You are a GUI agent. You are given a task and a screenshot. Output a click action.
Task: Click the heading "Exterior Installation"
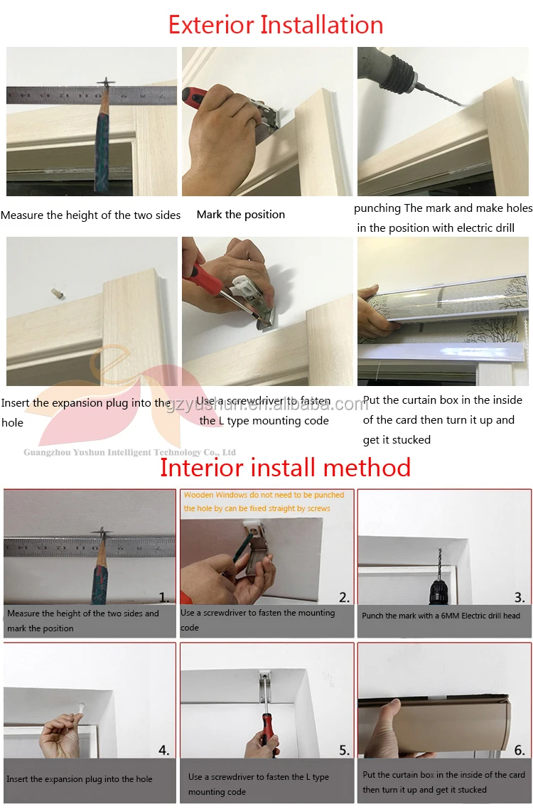[x=276, y=25]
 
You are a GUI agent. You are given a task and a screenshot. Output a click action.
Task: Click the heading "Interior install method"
[x=286, y=468]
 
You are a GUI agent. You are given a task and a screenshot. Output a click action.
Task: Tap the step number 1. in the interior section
[x=163, y=597]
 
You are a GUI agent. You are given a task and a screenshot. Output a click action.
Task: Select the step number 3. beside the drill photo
[x=519, y=597]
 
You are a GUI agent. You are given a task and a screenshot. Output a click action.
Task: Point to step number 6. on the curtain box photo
[x=519, y=750]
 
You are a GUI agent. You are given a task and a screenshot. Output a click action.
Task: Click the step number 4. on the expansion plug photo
[x=163, y=750]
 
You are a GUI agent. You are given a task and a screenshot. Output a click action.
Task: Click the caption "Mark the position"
[x=240, y=215]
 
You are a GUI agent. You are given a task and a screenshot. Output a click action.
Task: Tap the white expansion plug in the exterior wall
[x=58, y=294]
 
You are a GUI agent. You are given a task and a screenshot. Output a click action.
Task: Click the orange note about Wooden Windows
[x=264, y=501]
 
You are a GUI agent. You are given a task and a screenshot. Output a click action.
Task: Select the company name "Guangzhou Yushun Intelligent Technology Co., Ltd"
[x=129, y=452]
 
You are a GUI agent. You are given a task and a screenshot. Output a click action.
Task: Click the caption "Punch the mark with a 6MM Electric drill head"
[x=441, y=616]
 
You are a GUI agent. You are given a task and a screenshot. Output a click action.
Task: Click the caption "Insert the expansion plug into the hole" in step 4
[x=80, y=779]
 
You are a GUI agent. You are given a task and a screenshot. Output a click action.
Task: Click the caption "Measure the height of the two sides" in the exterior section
[x=90, y=215]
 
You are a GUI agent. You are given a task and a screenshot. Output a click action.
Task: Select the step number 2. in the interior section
[x=344, y=597]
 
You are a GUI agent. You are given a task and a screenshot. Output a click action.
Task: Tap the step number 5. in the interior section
[x=344, y=750]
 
